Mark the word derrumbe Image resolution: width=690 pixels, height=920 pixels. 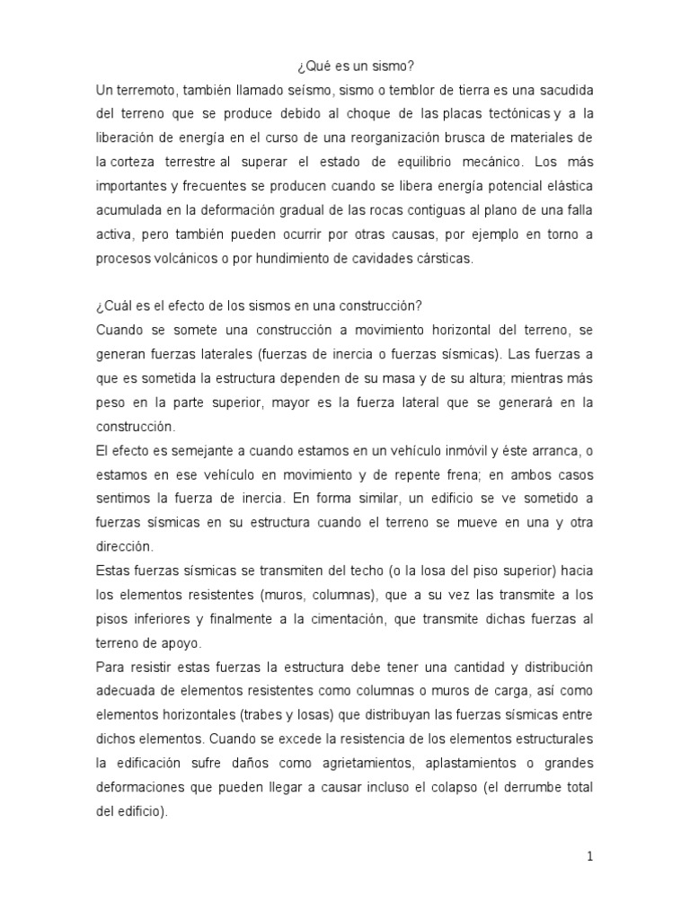(x=534, y=786)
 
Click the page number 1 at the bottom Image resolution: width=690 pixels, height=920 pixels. (x=589, y=856)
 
